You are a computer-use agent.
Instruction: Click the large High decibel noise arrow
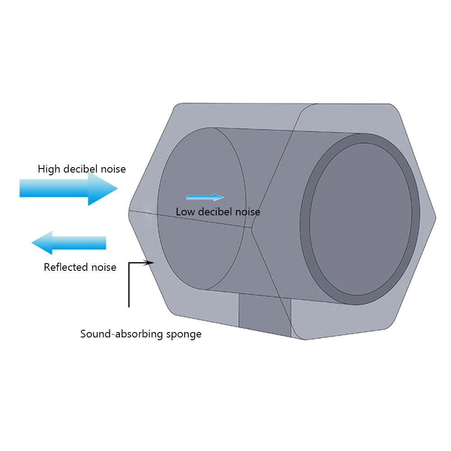tap(68, 188)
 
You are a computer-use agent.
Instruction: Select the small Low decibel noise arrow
tap(205, 197)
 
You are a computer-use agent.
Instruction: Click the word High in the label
tap(48, 169)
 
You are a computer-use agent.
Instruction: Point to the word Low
tap(185, 212)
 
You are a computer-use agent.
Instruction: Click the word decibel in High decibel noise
tap(82, 169)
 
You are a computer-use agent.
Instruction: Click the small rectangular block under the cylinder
tap(264, 315)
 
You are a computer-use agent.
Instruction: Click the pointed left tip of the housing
tap(129, 210)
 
